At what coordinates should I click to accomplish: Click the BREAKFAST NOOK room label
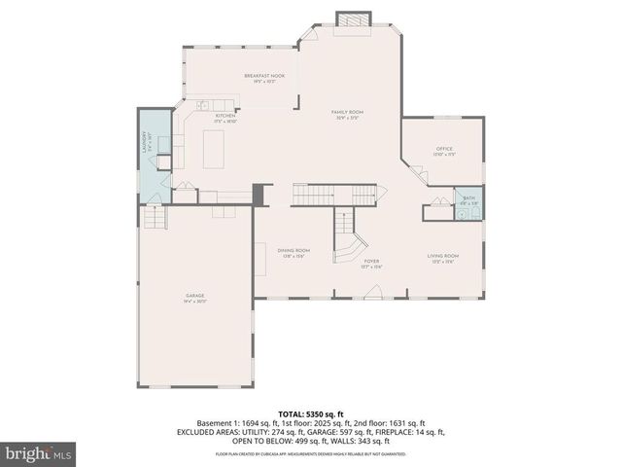click(x=263, y=75)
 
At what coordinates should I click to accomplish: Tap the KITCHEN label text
click(x=225, y=116)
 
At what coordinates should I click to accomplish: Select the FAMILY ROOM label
click(x=347, y=115)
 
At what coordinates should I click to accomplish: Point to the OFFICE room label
click(x=444, y=149)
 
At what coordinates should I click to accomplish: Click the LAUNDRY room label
click(x=146, y=142)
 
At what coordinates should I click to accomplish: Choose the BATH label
click(x=469, y=197)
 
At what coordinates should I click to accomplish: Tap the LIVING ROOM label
click(x=443, y=256)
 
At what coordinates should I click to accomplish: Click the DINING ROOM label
click(x=293, y=250)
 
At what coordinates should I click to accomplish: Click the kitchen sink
click(x=203, y=105)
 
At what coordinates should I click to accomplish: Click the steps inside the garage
click(x=155, y=218)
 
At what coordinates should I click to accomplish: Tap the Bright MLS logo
click(x=35, y=452)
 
